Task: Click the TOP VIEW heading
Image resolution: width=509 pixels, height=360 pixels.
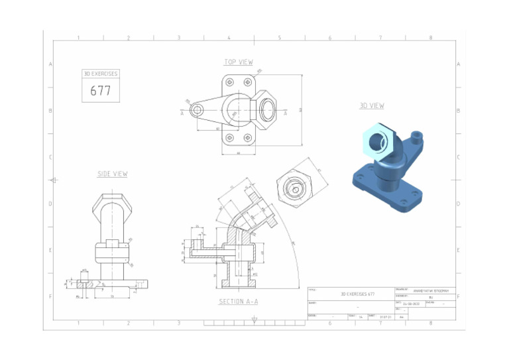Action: tap(238, 62)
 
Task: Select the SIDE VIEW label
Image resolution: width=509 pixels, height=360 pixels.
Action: tap(112, 174)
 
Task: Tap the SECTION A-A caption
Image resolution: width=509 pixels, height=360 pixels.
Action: tap(239, 302)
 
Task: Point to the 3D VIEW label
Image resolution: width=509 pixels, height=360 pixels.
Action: tap(372, 105)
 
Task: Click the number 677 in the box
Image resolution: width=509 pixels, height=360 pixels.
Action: tap(100, 91)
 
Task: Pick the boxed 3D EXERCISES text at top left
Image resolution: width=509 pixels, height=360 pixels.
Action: tap(100, 74)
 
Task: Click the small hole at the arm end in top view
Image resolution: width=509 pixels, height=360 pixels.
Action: tap(197, 111)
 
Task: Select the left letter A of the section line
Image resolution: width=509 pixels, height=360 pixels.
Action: tap(182, 113)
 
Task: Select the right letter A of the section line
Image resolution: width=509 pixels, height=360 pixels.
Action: tap(286, 113)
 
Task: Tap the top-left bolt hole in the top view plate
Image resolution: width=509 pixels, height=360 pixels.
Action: tap(229, 82)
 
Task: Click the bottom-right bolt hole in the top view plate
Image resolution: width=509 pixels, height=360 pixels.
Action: tap(247, 139)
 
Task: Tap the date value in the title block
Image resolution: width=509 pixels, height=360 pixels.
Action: tap(412, 304)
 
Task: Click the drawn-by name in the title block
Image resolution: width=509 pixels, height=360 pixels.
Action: tap(431, 290)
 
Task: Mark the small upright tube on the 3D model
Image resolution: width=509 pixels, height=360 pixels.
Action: tap(417, 137)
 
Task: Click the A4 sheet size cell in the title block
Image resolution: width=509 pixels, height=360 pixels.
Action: tap(402, 317)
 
